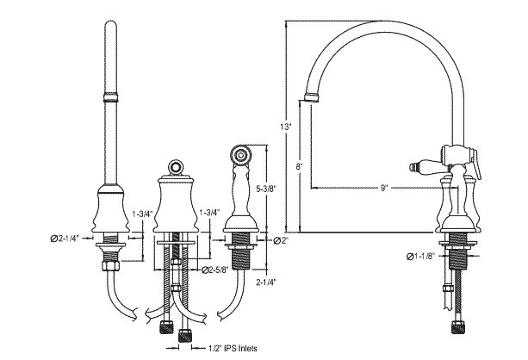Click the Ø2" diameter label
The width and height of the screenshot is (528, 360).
pos(280,240)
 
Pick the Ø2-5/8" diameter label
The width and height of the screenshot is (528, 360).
pos(214,270)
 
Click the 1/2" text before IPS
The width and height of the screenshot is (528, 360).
pos(216,349)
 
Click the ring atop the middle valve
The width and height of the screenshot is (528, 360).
pos(175,164)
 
